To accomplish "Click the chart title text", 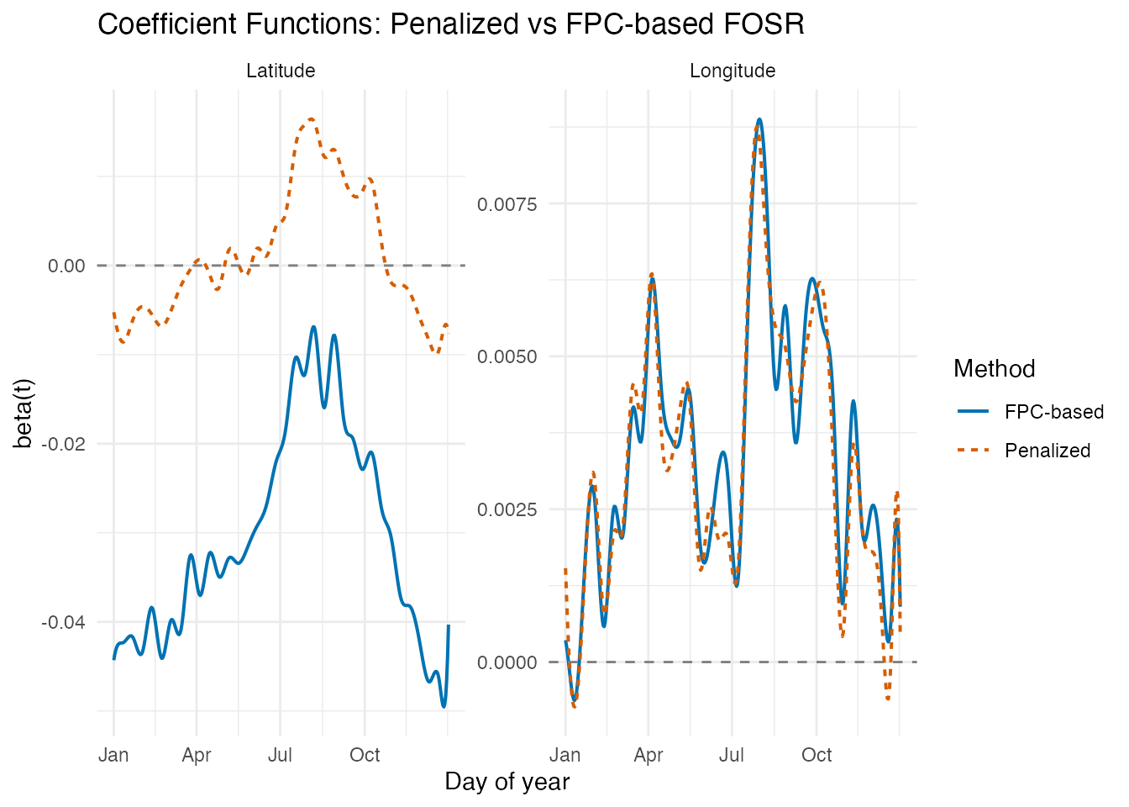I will (x=451, y=24).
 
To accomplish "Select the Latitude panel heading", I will (x=281, y=71).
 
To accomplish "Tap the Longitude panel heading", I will (x=733, y=71).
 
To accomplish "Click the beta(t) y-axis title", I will (x=24, y=413).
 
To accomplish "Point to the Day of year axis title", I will (x=507, y=782).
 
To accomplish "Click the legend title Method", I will (x=994, y=369).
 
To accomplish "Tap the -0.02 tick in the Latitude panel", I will (x=64, y=444).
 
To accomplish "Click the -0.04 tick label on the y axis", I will (x=64, y=622).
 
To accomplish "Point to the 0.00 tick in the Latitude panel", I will (x=66, y=266).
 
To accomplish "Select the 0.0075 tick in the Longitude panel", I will (x=507, y=204).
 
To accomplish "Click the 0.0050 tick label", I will (x=507, y=356).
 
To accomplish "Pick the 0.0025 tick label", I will (x=507, y=509).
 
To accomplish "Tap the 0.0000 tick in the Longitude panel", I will (x=507, y=662).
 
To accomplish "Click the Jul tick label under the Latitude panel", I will (x=280, y=755).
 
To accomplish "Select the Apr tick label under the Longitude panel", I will (x=649, y=755).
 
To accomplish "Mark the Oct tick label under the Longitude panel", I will (x=817, y=755).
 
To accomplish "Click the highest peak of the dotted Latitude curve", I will (x=311, y=119).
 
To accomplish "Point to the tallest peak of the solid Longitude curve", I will (x=759, y=119).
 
